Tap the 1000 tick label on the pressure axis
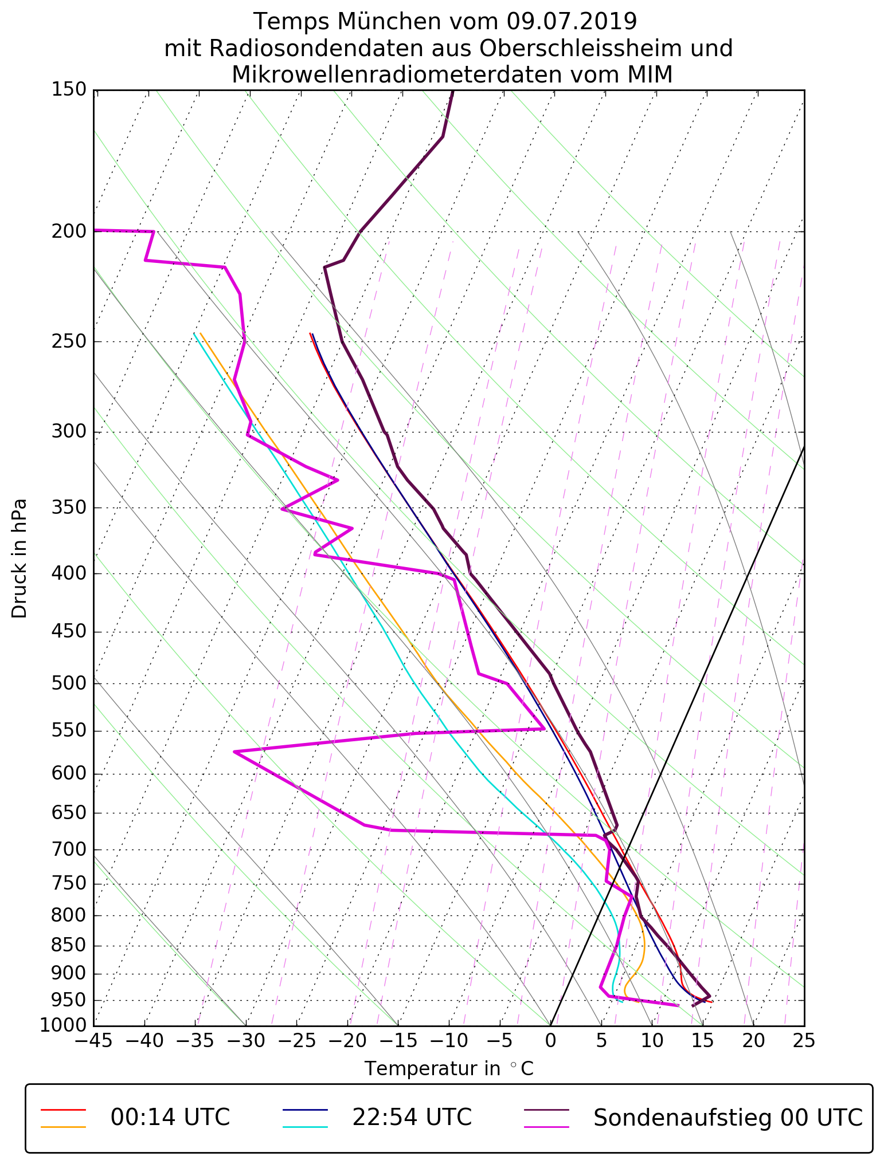pos(64,1025)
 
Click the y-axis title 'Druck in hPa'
pos(19,559)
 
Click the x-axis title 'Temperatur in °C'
pos(449,1069)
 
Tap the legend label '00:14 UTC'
pos(170,1118)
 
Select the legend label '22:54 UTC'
pos(412,1118)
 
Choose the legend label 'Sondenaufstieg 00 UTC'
pos(727,1118)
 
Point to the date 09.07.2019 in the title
pos(572,22)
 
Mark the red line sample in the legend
pos(63,1110)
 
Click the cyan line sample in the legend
pos(305,1127)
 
